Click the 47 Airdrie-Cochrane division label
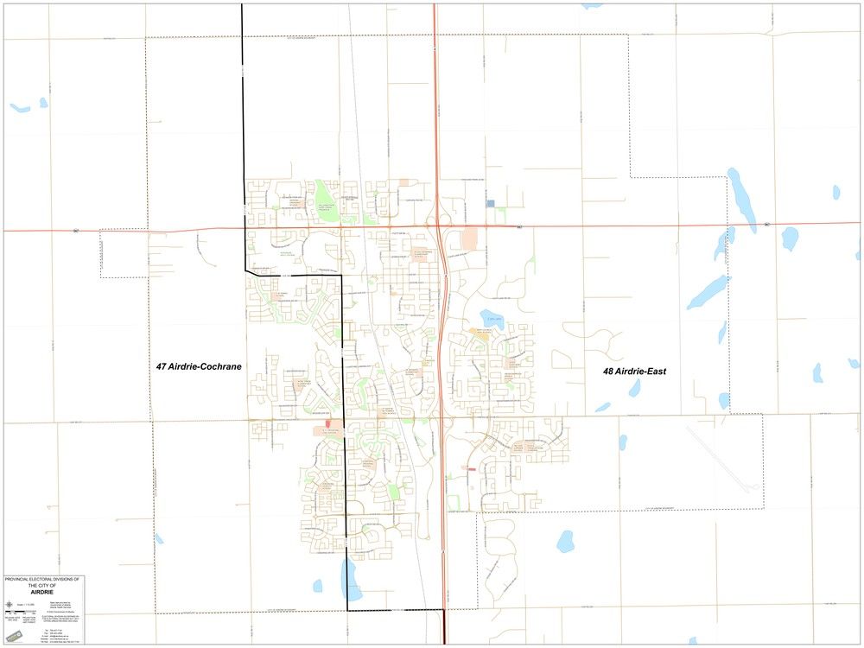click(x=199, y=366)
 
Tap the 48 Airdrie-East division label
click(x=634, y=371)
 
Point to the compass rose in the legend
click(x=8, y=603)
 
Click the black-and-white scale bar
click(x=16, y=612)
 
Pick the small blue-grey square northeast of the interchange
click(x=491, y=204)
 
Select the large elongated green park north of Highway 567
click(x=326, y=195)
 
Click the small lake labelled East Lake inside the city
click(x=491, y=316)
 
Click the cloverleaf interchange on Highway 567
click(x=440, y=226)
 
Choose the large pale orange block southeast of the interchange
click(x=469, y=238)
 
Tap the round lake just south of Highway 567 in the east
click(x=790, y=238)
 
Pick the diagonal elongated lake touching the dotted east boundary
click(x=708, y=292)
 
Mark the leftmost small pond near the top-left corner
click(x=19, y=108)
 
